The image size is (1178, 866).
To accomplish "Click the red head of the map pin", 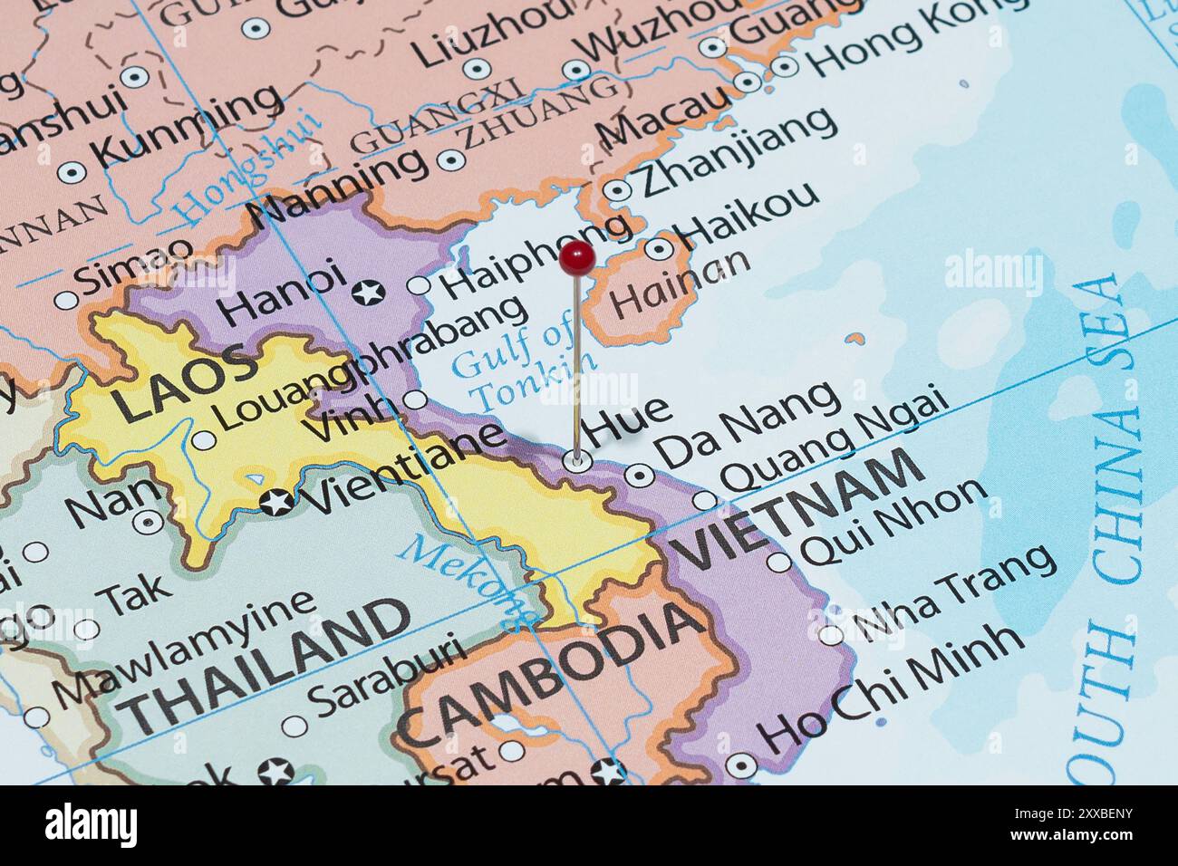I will click(576, 258).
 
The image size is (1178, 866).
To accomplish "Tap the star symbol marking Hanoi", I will click(369, 293).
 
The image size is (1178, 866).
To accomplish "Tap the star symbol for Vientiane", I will click(276, 501).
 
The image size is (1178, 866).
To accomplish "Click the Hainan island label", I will click(681, 282).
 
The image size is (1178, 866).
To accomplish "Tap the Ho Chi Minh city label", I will click(893, 685).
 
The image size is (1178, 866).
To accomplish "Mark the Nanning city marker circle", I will click(450, 161).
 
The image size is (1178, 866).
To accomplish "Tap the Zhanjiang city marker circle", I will click(617, 190).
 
